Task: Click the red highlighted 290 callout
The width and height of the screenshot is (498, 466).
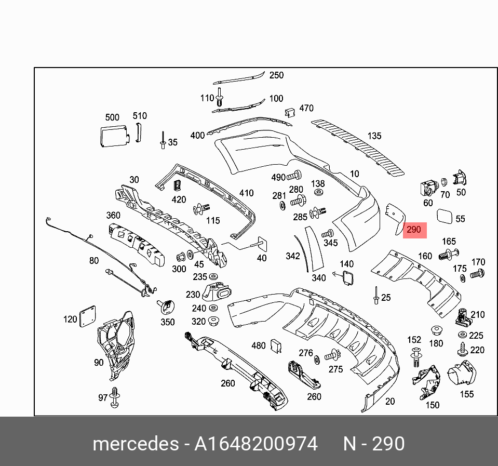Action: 414,230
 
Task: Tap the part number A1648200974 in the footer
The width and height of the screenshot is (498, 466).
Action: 255,444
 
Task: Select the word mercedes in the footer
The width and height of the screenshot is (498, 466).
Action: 134,444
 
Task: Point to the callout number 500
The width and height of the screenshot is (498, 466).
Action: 112,117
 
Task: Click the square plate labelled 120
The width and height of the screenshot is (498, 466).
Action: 87,316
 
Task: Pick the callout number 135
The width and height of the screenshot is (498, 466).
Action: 374,136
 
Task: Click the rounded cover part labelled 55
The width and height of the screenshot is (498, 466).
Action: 445,215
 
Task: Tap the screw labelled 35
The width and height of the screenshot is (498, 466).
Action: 163,141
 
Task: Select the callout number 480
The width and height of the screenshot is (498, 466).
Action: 258,345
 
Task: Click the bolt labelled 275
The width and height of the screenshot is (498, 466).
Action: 331,356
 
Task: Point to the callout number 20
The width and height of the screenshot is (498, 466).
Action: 389,401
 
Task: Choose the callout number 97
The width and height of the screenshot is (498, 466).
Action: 103,398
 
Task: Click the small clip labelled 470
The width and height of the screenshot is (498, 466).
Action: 290,112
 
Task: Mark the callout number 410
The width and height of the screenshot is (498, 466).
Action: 246,193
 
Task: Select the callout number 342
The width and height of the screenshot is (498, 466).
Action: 293,256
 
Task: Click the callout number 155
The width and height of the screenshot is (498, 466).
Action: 467,394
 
